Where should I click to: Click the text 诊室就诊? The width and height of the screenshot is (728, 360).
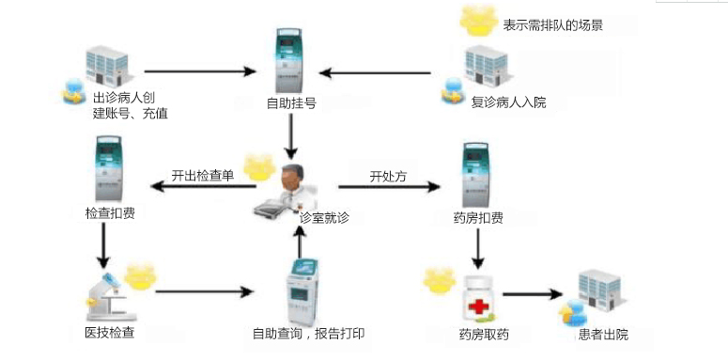coord(325,217)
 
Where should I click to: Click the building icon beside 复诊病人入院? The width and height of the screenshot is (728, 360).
coord(485,69)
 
